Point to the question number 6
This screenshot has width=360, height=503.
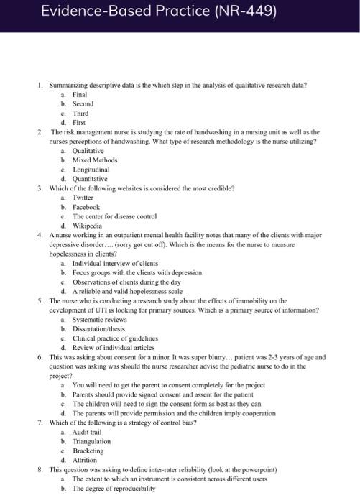click(40, 356)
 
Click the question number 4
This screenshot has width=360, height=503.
click(40, 235)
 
